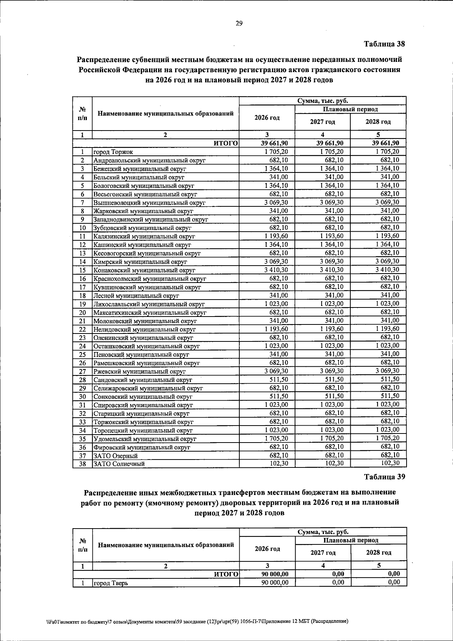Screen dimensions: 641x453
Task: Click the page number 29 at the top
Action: pos(239,24)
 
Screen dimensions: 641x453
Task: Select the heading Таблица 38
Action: pos(384,44)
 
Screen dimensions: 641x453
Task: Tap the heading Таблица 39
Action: pos(384,477)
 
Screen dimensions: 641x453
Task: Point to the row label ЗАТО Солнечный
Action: pos(119,464)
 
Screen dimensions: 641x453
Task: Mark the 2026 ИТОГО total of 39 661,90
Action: pos(274,143)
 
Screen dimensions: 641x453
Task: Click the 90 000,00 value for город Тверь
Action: pos(275,583)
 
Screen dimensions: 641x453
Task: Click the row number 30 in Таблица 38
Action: pos(83,397)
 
